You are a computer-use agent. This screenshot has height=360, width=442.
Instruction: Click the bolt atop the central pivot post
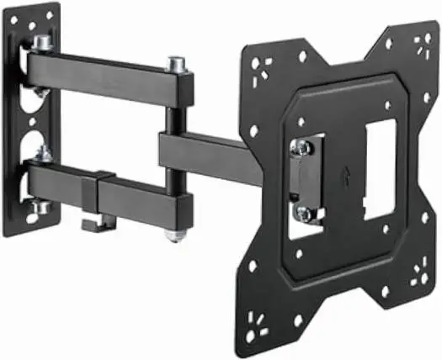pos(177,64)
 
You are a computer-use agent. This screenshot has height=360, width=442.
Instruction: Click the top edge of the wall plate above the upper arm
pos(38,12)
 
